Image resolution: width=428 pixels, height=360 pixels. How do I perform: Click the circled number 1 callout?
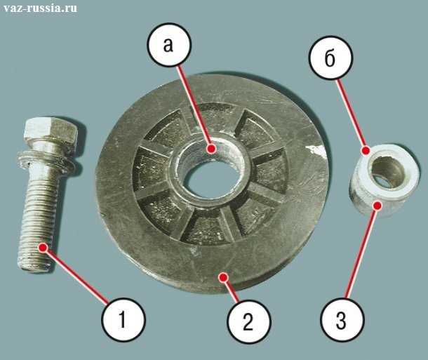tap(123, 320)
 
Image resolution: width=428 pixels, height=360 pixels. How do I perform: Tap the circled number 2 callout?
tap(248, 321)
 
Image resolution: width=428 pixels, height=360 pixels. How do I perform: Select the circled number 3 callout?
tap(342, 320)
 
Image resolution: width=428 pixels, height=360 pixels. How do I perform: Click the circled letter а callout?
tap(169, 45)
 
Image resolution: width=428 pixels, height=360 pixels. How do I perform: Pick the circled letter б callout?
tap(331, 58)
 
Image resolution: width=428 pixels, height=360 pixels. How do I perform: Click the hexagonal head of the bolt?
tap(51, 133)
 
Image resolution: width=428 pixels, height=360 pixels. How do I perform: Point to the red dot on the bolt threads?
tap(43, 248)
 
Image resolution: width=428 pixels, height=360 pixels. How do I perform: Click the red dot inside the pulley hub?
tap(211, 149)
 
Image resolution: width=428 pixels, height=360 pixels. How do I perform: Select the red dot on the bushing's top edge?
tap(366, 150)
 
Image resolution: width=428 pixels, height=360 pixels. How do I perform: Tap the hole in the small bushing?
tap(388, 173)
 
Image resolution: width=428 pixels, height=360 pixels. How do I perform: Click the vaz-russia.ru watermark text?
tap(41, 8)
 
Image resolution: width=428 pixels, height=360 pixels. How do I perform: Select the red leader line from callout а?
tap(194, 107)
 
